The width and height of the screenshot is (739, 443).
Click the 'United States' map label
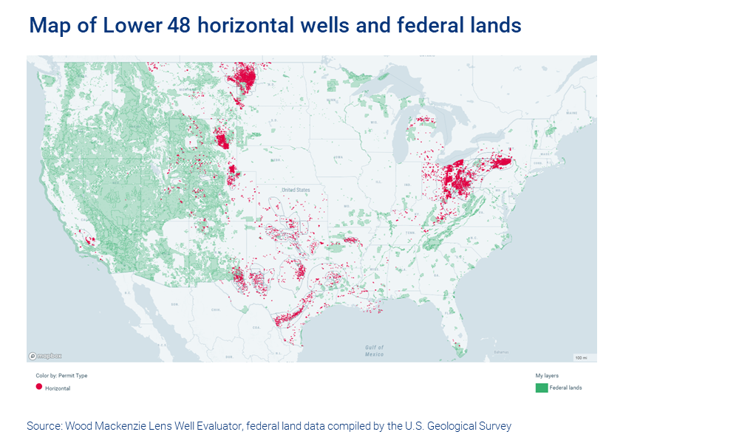click(296, 190)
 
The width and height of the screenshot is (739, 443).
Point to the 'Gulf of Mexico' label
click(375, 351)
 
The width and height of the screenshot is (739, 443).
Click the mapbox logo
click(44, 356)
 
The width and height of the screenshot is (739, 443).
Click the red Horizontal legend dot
click(39, 387)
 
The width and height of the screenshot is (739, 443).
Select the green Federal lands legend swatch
click(542, 388)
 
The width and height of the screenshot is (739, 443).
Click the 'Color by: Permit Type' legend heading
click(61, 376)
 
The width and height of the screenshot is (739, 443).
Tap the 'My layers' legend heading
click(547, 376)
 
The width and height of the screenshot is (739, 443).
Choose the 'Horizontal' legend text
click(58, 388)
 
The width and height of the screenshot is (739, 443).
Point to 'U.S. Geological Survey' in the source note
click(456, 426)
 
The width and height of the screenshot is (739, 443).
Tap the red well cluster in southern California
click(89, 239)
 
